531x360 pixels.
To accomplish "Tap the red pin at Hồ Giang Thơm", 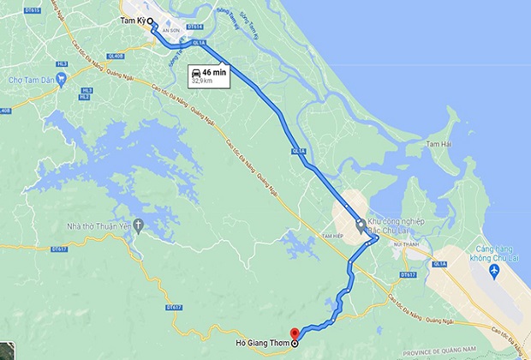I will click(295, 333).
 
